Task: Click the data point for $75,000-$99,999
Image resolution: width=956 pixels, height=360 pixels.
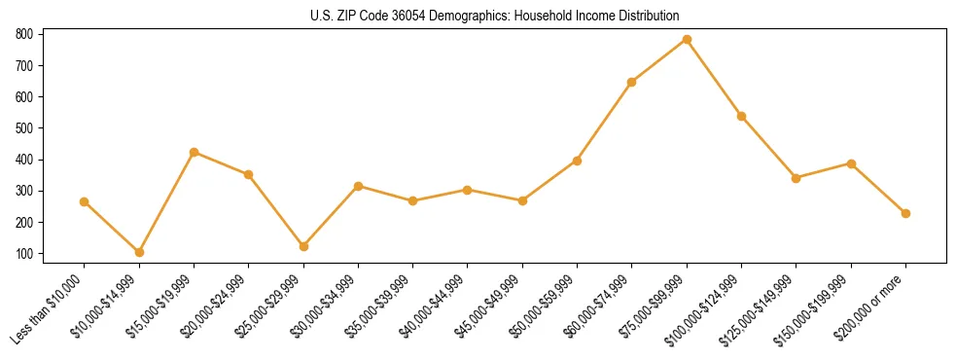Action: pos(687,39)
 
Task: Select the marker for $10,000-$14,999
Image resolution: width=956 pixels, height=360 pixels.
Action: pos(139,252)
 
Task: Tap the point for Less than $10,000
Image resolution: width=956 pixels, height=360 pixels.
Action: pos(84,201)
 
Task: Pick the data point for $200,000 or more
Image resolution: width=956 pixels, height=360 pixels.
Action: pos(905,213)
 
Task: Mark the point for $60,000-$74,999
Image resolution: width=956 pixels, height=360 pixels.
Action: pos(632,82)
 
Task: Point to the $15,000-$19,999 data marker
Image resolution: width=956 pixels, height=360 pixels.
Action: pos(194,152)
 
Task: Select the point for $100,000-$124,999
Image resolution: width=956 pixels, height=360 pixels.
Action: pos(741,116)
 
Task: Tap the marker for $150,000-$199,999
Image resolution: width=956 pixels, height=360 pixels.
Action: pos(851,163)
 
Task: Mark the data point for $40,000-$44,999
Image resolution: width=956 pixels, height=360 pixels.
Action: pos(468,190)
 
